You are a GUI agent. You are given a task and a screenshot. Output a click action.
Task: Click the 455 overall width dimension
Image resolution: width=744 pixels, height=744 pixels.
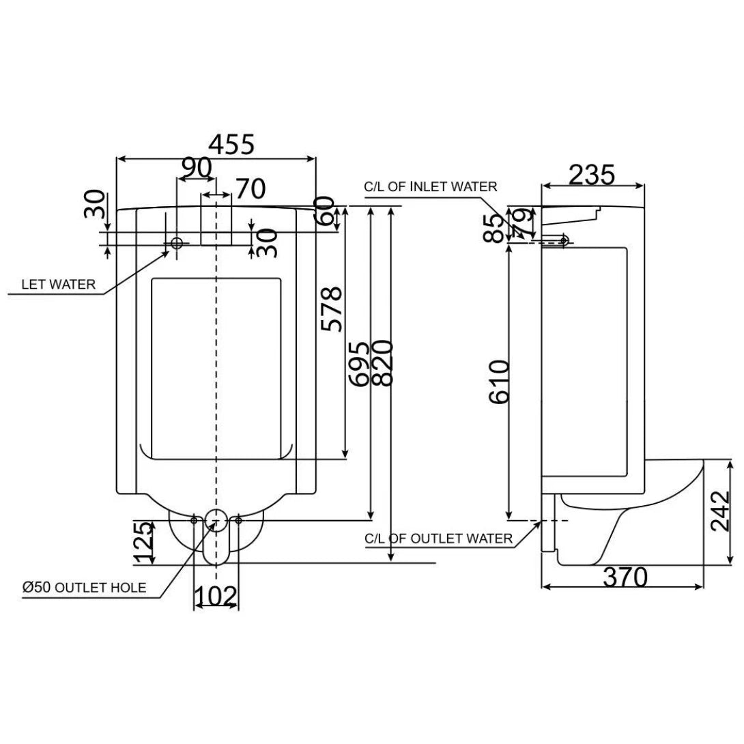[x=231, y=145]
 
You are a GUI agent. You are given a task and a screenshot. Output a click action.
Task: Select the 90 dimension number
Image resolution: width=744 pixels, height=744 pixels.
[x=196, y=168]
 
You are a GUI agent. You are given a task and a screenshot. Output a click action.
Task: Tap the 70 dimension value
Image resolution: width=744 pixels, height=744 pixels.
[x=250, y=188]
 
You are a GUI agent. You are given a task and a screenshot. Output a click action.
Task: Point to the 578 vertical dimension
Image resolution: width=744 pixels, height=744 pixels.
[x=332, y=309]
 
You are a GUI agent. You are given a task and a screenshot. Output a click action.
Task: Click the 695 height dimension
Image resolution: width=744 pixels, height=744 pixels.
[x=360, y=363]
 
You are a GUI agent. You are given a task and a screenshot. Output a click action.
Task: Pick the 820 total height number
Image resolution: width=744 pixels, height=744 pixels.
[x=383, y=363]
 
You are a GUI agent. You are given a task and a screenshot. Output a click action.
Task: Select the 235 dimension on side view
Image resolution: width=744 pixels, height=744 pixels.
[x=592, y=175]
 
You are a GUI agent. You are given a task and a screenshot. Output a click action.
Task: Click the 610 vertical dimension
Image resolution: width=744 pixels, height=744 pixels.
[x=499, y=382]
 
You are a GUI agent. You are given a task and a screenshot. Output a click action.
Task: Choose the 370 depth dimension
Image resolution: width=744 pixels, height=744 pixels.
[x=625, y=578]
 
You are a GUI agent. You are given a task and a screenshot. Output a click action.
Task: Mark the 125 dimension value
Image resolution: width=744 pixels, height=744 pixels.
[x=143, y=543]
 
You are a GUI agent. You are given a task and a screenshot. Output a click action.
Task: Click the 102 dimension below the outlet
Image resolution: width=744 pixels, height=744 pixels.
[x=216, y=597]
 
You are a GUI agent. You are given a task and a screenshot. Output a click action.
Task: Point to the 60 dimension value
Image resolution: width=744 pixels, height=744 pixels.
[x=325, y=211]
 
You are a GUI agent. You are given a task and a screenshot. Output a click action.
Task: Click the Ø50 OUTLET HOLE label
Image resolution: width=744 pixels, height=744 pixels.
[x=83, y=587]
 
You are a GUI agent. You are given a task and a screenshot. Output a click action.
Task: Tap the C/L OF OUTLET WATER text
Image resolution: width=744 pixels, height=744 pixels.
[x=438, y=539]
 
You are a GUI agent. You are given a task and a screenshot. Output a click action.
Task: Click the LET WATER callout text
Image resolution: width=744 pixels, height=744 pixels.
[x=59, y=285]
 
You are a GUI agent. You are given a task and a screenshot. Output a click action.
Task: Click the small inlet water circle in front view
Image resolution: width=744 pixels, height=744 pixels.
[x=177, y=243]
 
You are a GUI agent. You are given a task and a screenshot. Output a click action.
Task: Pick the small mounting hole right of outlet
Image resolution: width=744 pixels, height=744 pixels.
[x=238, y=521]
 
